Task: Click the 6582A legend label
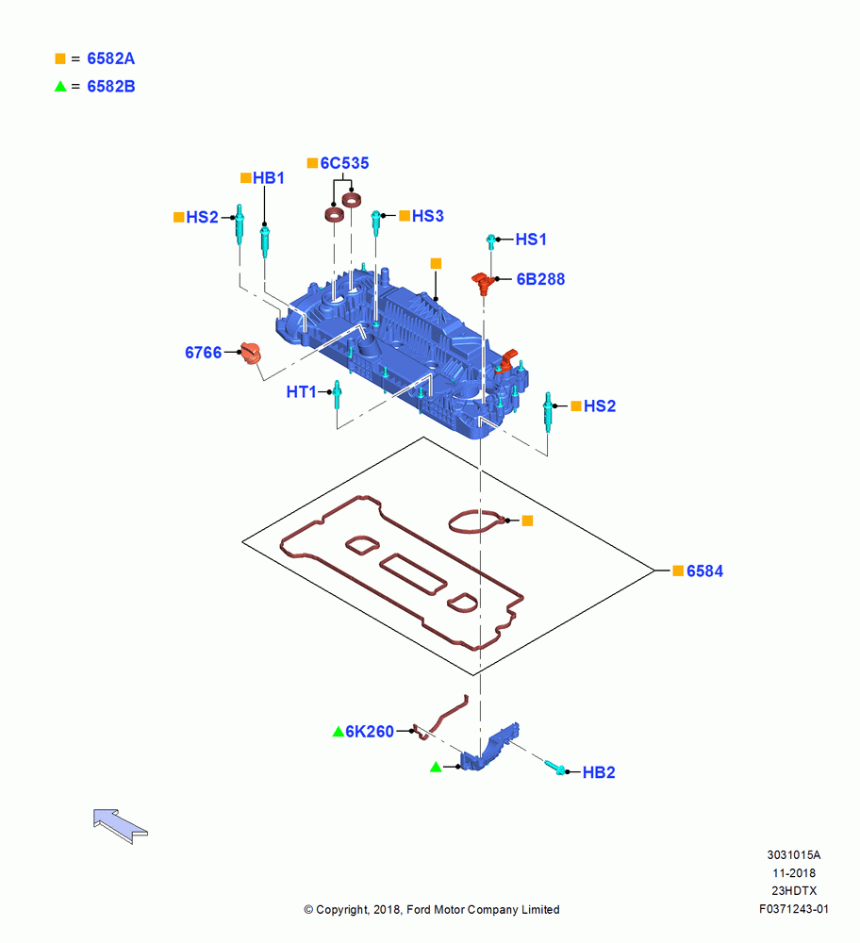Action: tap(110, 58)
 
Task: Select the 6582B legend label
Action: tap(110, 87)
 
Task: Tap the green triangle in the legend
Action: tap(60, 86)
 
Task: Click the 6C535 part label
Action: tap(344, 163)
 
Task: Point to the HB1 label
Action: tap(268, 178)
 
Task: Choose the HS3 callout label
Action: tap(427, 216)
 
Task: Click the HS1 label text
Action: tap(531, 240)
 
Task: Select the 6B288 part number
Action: tap(540, 279)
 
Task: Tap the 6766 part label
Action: tap(204, 353)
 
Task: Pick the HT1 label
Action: tap(302, 392)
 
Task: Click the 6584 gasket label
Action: tap(704, 571)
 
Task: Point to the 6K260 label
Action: tap(370, 732)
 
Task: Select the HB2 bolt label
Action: tap(599, 772)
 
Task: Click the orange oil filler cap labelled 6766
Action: tap(250, 353)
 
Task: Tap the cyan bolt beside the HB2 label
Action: tap(555, 768)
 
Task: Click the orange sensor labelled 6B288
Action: tap(482, 282)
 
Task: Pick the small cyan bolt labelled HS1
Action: tap(490, 241)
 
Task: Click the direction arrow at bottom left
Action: tap(121, 826)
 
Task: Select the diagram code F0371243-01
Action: tap(794, 909)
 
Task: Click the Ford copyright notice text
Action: tap(432, 910)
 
